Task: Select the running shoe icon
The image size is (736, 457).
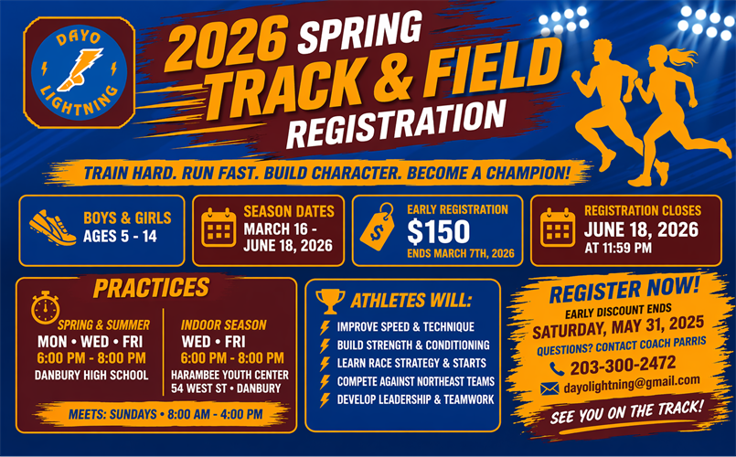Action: pos(52,226)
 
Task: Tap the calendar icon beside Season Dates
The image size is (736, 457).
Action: pos(219,226)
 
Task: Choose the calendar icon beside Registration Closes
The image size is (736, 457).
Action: pos(558,226)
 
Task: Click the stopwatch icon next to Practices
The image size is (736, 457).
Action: pos(45,307)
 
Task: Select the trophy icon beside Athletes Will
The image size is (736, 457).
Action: pos(329,301)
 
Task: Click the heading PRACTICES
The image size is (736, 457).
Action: pos(151,288)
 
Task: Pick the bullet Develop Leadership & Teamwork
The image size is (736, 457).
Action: pos(415,399)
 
